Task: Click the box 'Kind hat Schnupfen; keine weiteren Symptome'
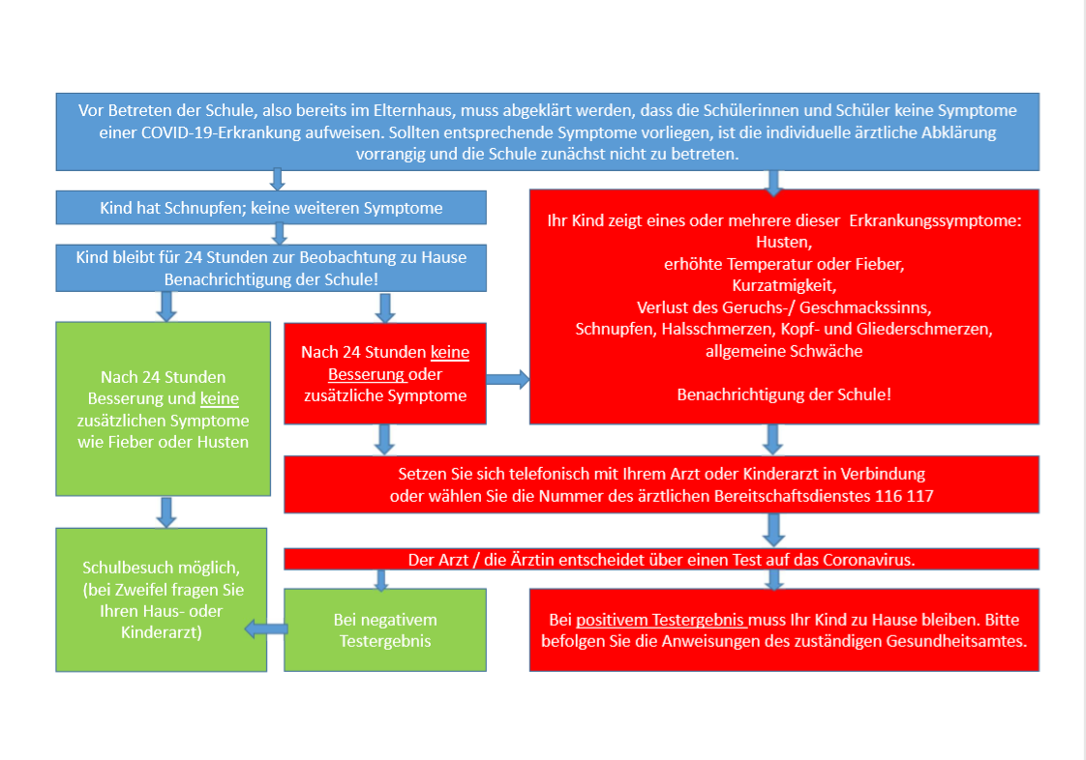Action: (x=271, y=208)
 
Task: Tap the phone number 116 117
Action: (x=904, y=496)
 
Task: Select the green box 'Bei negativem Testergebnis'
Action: (x=385, y=629)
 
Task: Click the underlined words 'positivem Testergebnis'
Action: (x=660, y=620)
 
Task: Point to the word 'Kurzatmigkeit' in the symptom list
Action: (x=783, y=285)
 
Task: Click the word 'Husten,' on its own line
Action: (x=784, y=243)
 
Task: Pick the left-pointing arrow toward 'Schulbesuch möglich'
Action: (x=266, y=629)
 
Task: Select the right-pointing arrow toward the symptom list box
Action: (x=508, y=379)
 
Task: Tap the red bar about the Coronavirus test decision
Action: (x=661, y=559)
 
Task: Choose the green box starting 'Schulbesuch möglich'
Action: (x=162, y=599)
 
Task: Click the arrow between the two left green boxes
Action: (x=166, y=512)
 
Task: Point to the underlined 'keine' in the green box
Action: (x=220, y=398)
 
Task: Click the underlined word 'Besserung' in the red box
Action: (x=366, y=374)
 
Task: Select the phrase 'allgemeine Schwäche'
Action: (x=784, y=351)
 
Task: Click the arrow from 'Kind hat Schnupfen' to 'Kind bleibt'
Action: (x=279, y=234)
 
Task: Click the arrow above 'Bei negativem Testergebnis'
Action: (x=381, y=580)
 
